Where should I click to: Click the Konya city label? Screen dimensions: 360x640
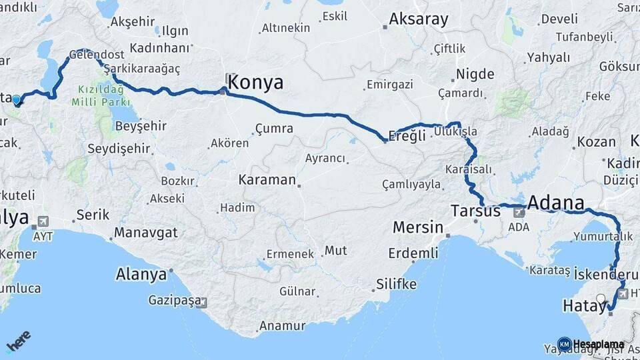click(x=255, y=83)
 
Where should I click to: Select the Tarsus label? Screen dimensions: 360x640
click(x=475, y=211)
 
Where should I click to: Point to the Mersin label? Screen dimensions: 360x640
click(x=417, y=227)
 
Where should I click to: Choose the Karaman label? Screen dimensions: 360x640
click(x=267, y=180)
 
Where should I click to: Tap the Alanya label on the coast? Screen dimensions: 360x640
click(x=141, y=274)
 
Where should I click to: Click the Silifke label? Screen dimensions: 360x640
click(x=396, y=284)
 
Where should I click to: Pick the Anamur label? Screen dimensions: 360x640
click(x=281, y=326)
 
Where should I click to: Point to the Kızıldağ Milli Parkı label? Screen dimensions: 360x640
click(x=103, y=95)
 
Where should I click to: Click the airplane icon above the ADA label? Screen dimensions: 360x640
click(x=519, y=213)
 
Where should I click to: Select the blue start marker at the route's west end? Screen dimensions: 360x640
click(x=17, y=100)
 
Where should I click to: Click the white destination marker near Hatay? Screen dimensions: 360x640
click(x=601, y=299)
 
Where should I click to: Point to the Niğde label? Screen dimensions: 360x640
click(x=475, y=74)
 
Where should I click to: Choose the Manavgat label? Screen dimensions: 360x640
click(x=145, y=233)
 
